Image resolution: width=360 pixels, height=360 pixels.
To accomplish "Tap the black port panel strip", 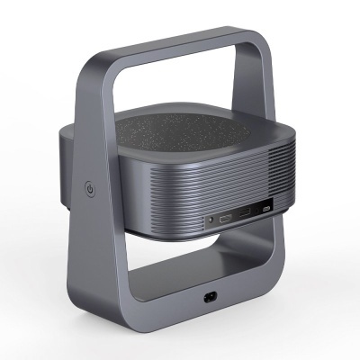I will click(x=236, y=215).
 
